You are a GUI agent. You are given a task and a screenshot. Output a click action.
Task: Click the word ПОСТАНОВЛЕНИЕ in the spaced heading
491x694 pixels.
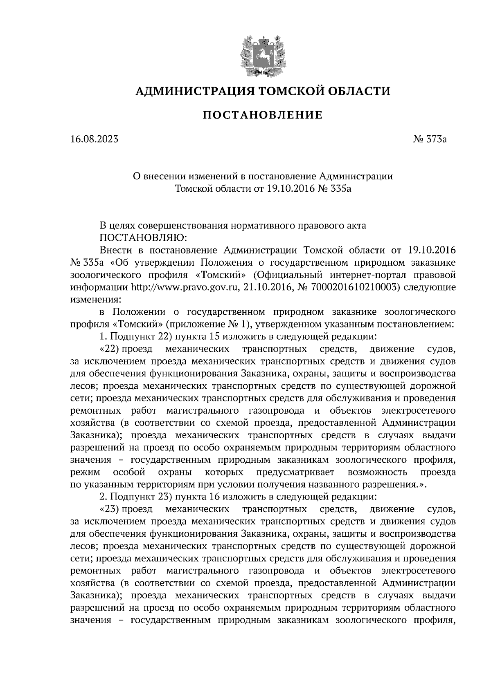[x=263, y=116]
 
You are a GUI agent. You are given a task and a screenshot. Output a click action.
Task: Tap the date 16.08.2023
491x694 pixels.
[x=94, y=139]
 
